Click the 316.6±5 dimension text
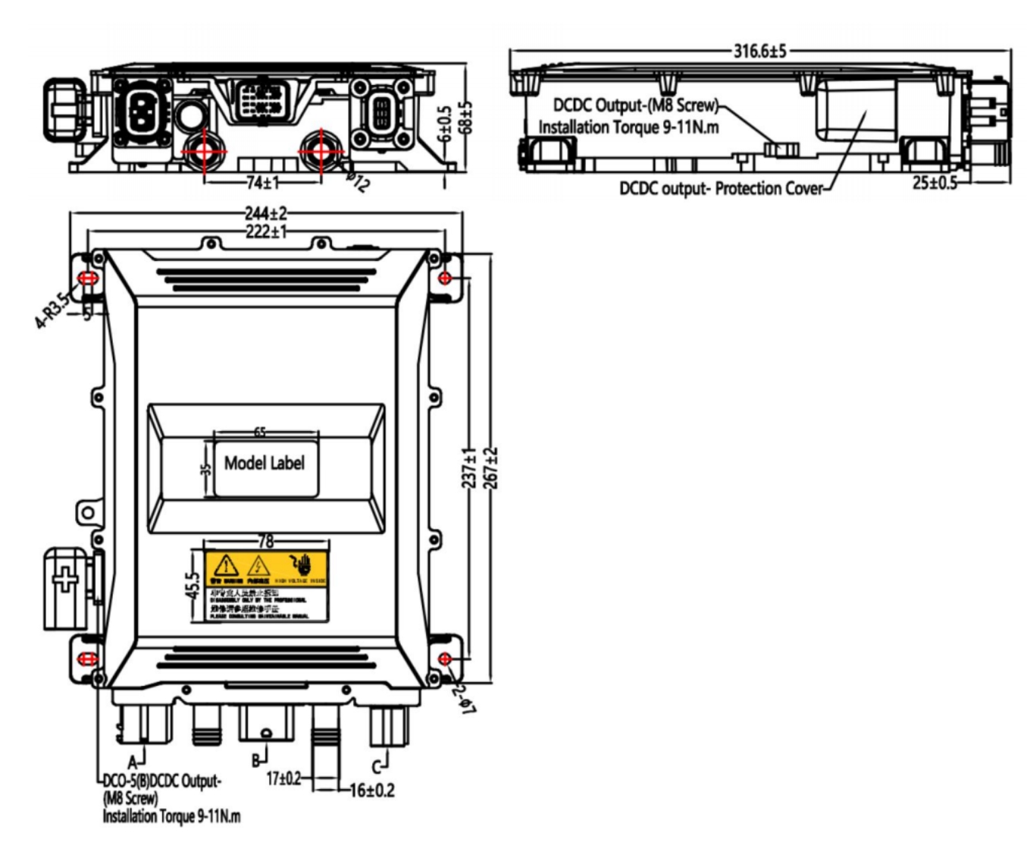click(x=759, y=51)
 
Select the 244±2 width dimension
click(x=265, y=215)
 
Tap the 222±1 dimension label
click(x=265, y=231)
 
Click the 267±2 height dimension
click(x=490, y=467)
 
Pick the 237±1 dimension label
click(x=470, y=467)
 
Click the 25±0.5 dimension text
click(x=934, y=183)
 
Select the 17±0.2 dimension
click(x=283, y=778)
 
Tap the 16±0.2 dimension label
click(x=372, y=791)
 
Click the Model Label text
click(x=265, y=463)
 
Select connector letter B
click(x=256, y=759)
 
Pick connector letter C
click(x=377, y=764)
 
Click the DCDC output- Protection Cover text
click(x=720, y=188)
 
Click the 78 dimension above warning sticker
click(x=266, y=541)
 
